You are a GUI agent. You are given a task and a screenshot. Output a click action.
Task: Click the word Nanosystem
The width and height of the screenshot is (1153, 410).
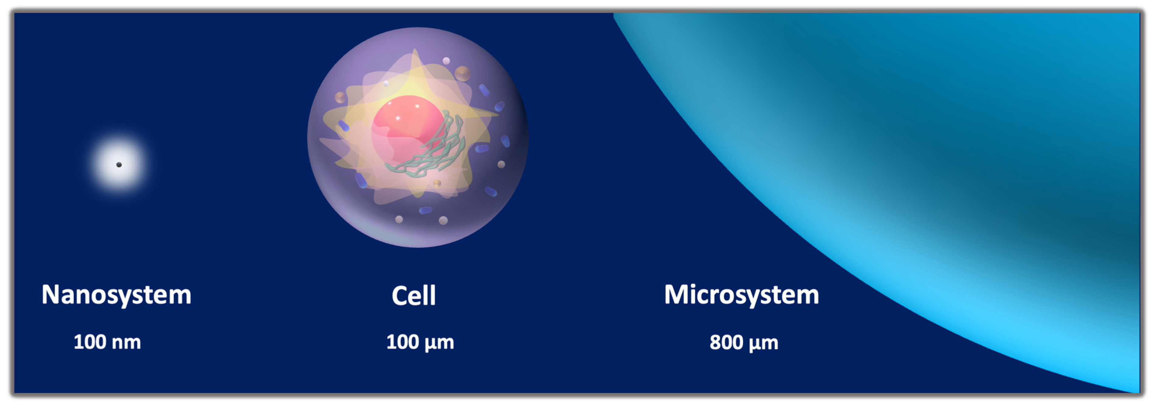(116, 295)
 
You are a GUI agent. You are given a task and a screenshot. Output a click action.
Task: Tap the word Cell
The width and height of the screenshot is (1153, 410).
(414, 296)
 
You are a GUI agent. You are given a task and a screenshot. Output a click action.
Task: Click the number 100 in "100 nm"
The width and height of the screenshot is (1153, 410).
(89, 342)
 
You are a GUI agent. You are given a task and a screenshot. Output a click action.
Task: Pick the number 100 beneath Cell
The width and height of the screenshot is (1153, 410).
(402, 342)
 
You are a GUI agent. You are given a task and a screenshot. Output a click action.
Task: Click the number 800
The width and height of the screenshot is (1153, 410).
(726, 342)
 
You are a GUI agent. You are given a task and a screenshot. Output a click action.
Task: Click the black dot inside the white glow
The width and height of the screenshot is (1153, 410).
(119, 164)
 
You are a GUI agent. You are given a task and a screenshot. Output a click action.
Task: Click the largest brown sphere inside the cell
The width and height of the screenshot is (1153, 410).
(462, 73)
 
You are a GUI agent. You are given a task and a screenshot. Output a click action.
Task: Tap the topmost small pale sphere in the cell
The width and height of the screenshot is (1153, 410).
(446, 60)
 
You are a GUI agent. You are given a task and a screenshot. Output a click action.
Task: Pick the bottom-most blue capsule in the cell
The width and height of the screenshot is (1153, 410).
(425, 210)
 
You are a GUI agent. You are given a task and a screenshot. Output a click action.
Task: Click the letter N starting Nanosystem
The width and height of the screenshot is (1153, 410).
(51, 294)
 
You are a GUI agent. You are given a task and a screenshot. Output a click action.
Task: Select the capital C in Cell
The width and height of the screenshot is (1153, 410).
(399, 296)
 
